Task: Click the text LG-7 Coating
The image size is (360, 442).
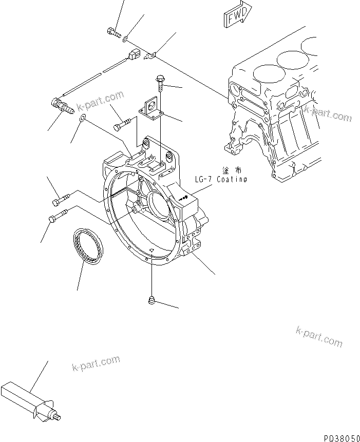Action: coord(220,179)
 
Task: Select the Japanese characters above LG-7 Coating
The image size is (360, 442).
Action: coord(232,170)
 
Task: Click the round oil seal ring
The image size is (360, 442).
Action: coord(88,246)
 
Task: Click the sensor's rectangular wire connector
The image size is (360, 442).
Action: coord(135,55)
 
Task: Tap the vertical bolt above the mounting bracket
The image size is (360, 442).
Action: coord(160,83)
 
